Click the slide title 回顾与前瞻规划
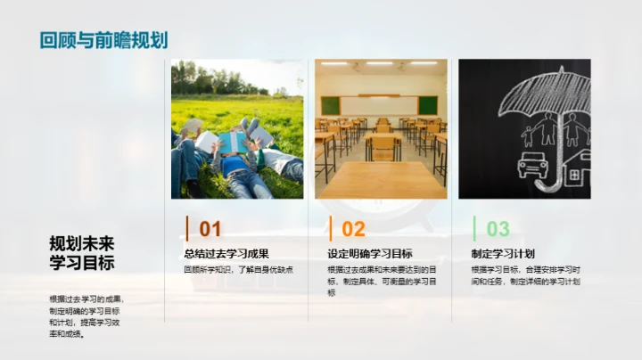coord(103,40)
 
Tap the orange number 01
coord(210,229)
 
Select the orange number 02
coord(354,229)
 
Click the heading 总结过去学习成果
coord(226,253)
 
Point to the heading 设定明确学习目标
coord(370,253)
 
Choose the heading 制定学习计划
coord(509,253)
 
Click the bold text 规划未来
coord(82,243)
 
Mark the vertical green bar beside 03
coord(474,228)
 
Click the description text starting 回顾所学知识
coord(239,269)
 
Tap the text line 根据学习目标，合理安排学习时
coord(526,269)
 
